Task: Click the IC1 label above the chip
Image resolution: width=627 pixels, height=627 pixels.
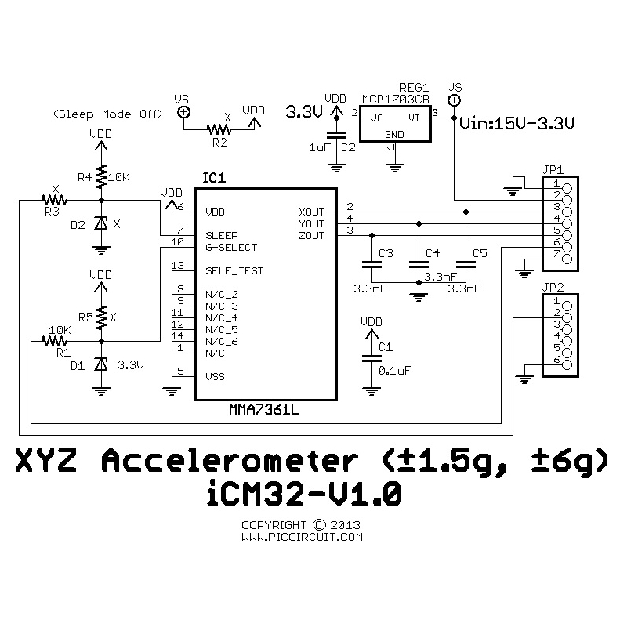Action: click(213, 179)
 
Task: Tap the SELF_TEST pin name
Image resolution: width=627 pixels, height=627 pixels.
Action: click(234, 271)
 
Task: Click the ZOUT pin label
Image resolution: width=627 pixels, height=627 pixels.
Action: click(310, 236)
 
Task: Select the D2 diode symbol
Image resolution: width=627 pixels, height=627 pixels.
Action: click(100, 224)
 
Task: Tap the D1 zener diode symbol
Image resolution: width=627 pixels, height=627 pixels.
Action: click(100, 364)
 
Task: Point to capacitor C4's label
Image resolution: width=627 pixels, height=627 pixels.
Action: click(432, 253)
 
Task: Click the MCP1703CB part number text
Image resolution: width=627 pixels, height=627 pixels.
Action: click(396, 100)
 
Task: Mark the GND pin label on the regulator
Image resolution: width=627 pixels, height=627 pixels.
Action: click(394, 134)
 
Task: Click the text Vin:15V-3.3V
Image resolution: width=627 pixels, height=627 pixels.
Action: click(518, 123)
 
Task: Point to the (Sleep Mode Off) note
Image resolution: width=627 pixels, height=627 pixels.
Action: click(107, 114)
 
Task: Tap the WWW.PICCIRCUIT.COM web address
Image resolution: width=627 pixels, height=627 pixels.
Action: click(302, 538)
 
